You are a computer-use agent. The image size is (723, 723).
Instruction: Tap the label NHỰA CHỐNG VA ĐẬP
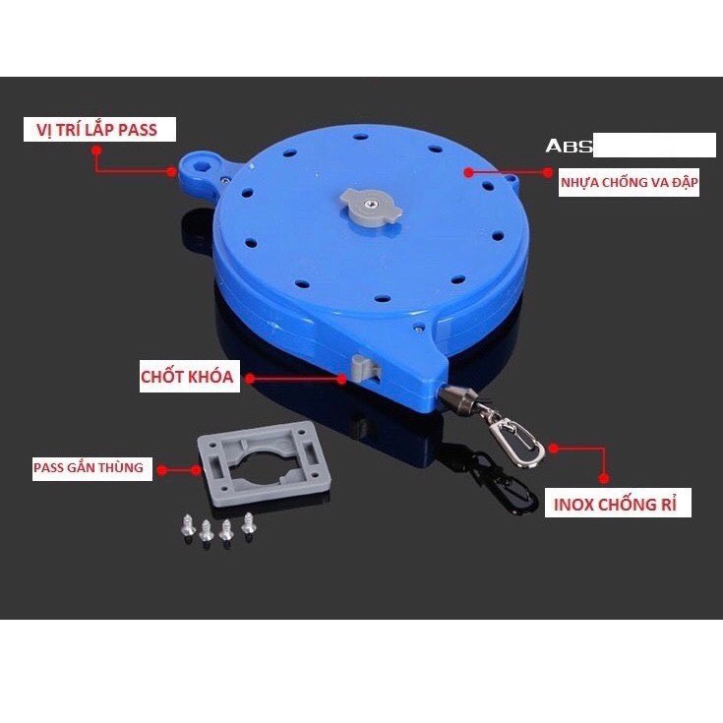click(x=630, y=183)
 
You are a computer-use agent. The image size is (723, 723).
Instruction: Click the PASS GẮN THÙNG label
click(x=88, y=468)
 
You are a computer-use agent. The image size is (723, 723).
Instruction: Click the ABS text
click(x=570, y=146)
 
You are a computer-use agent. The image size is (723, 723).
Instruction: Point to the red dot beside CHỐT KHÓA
click(x=250, y=378)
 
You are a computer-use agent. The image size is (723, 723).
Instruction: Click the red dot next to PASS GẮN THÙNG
click(x=166, y=469)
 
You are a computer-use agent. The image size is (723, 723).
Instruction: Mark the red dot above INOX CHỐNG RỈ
click(x=554, y=449)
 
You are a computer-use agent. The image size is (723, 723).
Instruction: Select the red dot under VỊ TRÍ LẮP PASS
click(x=95, y=151)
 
